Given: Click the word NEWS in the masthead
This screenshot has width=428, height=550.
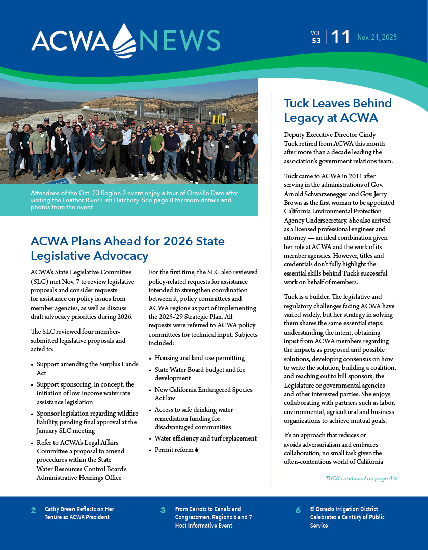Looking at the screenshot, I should point(180,40).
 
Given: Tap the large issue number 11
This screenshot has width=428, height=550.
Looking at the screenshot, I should point(340,37).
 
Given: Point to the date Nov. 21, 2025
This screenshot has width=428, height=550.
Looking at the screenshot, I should point(377,38).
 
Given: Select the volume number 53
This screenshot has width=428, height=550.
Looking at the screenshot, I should point(316,41).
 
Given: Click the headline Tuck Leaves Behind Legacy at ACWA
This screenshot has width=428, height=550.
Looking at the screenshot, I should point(337,111).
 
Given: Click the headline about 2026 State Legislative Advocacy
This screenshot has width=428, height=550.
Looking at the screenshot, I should point(127,248).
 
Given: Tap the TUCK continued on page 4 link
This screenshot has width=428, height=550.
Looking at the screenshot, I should point(361,478).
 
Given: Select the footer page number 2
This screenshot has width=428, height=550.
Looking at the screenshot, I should point(33,511).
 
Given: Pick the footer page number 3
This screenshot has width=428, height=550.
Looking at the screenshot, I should point(163,511).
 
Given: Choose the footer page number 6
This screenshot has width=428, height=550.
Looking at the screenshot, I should point(298,511).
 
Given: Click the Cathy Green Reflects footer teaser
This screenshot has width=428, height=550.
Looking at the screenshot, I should point(79,513).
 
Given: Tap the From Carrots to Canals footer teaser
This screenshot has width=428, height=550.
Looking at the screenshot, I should point(213,517).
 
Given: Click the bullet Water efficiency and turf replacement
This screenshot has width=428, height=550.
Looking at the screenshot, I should point(205,438).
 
